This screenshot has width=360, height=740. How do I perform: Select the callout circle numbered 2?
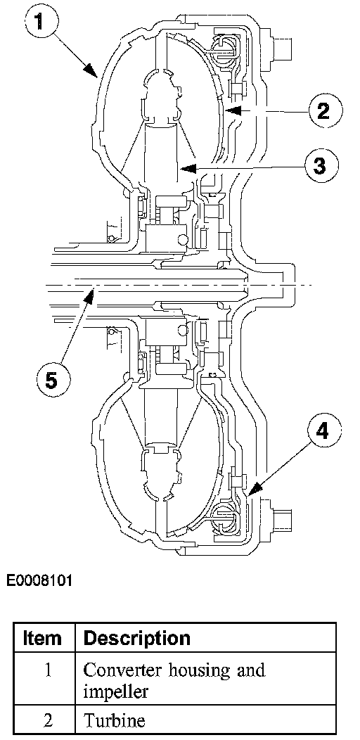[323, 111]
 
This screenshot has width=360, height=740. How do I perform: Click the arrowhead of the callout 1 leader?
[91, 70]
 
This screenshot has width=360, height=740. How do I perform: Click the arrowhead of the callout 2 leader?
[232, 110]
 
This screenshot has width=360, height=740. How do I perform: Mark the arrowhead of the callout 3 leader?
[188, 167]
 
